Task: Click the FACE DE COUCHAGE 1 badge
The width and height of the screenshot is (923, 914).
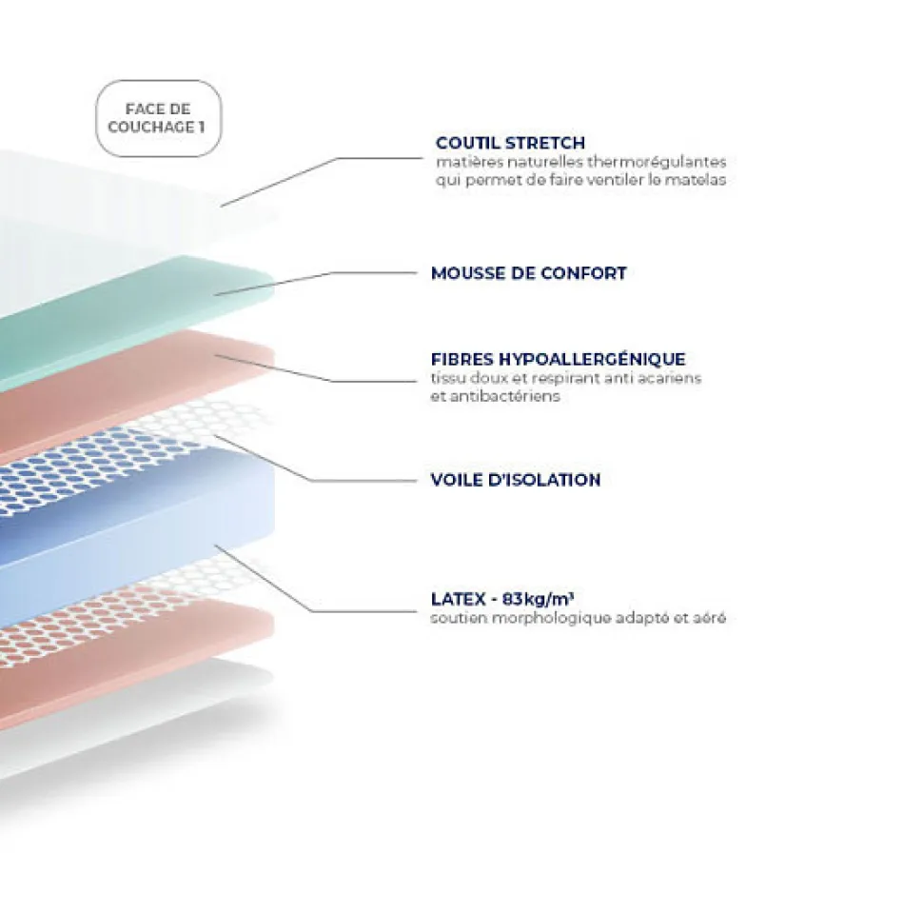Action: [x=158, y=117]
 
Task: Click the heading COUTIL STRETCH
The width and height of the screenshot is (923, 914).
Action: [x=510, y=144]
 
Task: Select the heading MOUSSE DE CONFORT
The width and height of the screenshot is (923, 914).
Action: [x=528, y=273]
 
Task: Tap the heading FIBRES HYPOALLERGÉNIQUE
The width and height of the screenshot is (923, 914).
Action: [x=558, y=359]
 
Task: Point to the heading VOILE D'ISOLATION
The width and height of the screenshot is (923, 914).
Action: [x=516, y=480]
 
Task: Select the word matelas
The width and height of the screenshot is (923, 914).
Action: [x=700, y=179]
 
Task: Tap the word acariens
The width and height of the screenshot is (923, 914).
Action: [x=673, y=378]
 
